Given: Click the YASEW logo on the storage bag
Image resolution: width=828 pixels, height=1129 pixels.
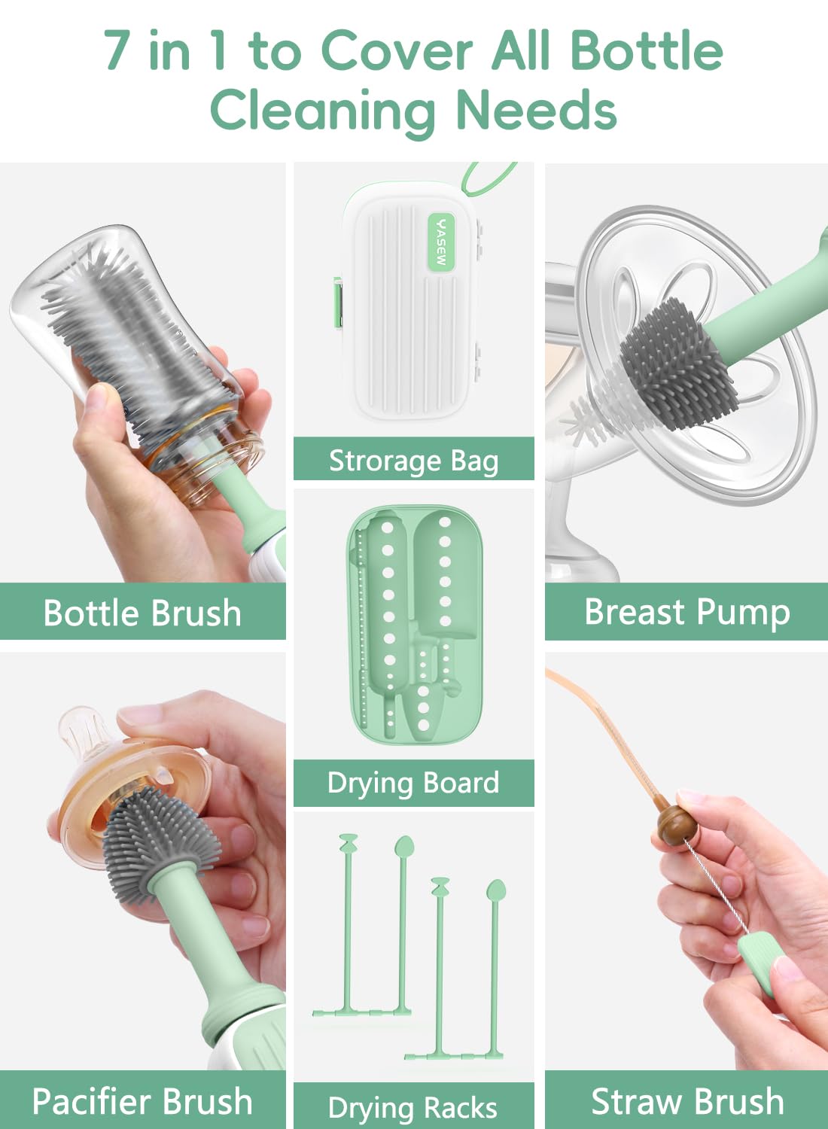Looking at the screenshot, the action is tap(441, 241).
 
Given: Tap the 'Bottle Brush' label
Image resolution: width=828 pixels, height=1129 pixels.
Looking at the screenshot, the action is tap(142, 613).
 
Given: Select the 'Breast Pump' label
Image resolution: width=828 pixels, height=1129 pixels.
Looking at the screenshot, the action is tap(687, 613).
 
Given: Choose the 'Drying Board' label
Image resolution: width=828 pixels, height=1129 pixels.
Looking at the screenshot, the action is tap(413, 783).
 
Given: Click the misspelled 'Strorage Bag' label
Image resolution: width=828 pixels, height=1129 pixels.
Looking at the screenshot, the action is tap(414, 461).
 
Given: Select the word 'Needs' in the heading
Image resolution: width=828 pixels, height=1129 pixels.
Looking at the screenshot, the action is tap(536, 110).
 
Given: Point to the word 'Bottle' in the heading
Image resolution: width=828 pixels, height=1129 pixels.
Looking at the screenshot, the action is tap(647, 50).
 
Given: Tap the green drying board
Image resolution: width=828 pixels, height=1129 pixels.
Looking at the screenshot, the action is tap(414, 625).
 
